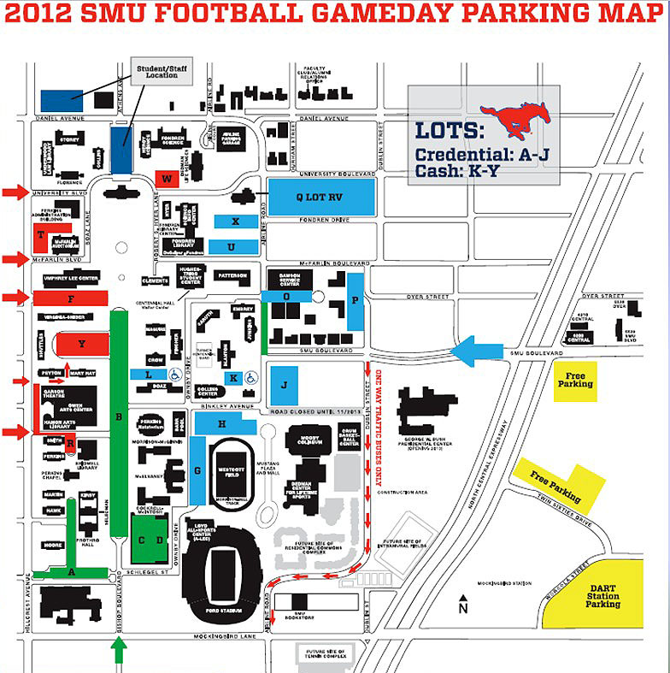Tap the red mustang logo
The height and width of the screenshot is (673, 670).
click(x=514, y=119)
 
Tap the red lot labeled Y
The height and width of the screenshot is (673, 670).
click(x=82, y=344)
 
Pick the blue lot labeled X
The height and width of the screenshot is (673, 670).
click(x=234, y=221)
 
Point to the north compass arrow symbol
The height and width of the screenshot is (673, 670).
click(x=462, y=600)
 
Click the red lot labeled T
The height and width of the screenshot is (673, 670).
click(x=41, y=233)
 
